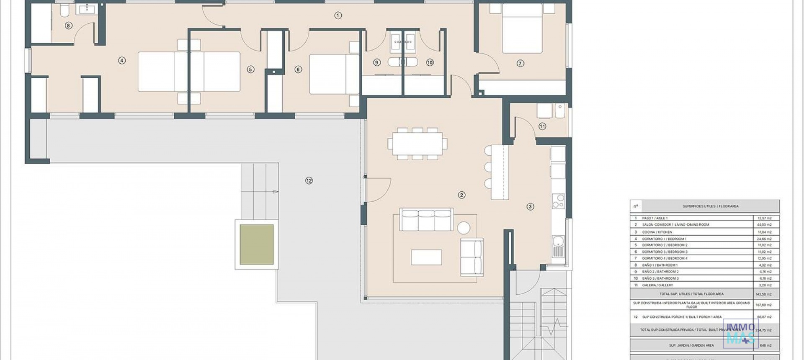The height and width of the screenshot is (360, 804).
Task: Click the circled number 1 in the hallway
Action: click(x=338, y=15)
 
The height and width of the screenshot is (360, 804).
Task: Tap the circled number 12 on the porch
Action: click(x=309, y=181)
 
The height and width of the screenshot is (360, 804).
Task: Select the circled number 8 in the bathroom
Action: click(x=69, y=26)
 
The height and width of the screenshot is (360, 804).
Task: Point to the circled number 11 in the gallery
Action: click(x=542, y=126)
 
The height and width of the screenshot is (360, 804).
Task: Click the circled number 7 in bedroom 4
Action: click(x=520, y=64)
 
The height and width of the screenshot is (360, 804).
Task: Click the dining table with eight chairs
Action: click(x=417, y=144)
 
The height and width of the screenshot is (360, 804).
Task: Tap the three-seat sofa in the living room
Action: click(x=426, y=220)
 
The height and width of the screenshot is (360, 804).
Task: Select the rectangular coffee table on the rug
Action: click(x=426, y=257)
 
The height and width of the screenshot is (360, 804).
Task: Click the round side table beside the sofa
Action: click(x=464, y=228)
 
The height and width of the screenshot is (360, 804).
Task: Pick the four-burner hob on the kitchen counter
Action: click(x=558, y=201)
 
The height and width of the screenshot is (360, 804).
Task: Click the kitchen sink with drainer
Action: click(x=558, y=247)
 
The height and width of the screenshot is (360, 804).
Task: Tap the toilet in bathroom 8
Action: click(x=64, y=10)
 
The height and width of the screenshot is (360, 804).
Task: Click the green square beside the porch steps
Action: click(x=257, y=244)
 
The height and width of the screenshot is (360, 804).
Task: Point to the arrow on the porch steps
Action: click(x=275, y=192)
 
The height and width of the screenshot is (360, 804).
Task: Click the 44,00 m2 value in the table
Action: click(x=765, y=225)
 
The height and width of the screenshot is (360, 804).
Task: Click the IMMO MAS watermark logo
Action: click(x=740, y=333)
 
